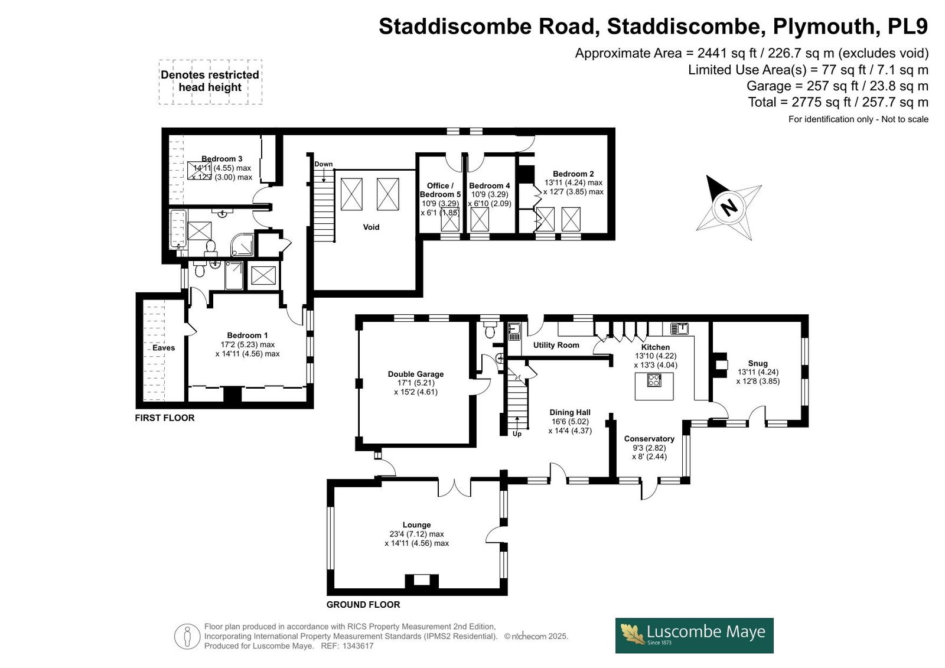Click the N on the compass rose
coord(729,208)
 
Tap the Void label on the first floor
coord(372,227)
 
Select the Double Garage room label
coord(416,374)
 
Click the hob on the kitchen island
coord(654,380)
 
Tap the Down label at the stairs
coord(323,164)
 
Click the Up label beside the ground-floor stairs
coord(517,434)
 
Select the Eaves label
coord(164,348)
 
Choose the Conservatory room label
coord(649,439)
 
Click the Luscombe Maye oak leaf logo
coord(633,635)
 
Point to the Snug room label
coord(758,363)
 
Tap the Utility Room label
coord(556,345)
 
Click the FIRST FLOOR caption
coord(165,418)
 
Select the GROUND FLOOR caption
coord(363,604)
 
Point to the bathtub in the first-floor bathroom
coord(178,229)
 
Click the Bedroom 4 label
coord(490,185)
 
